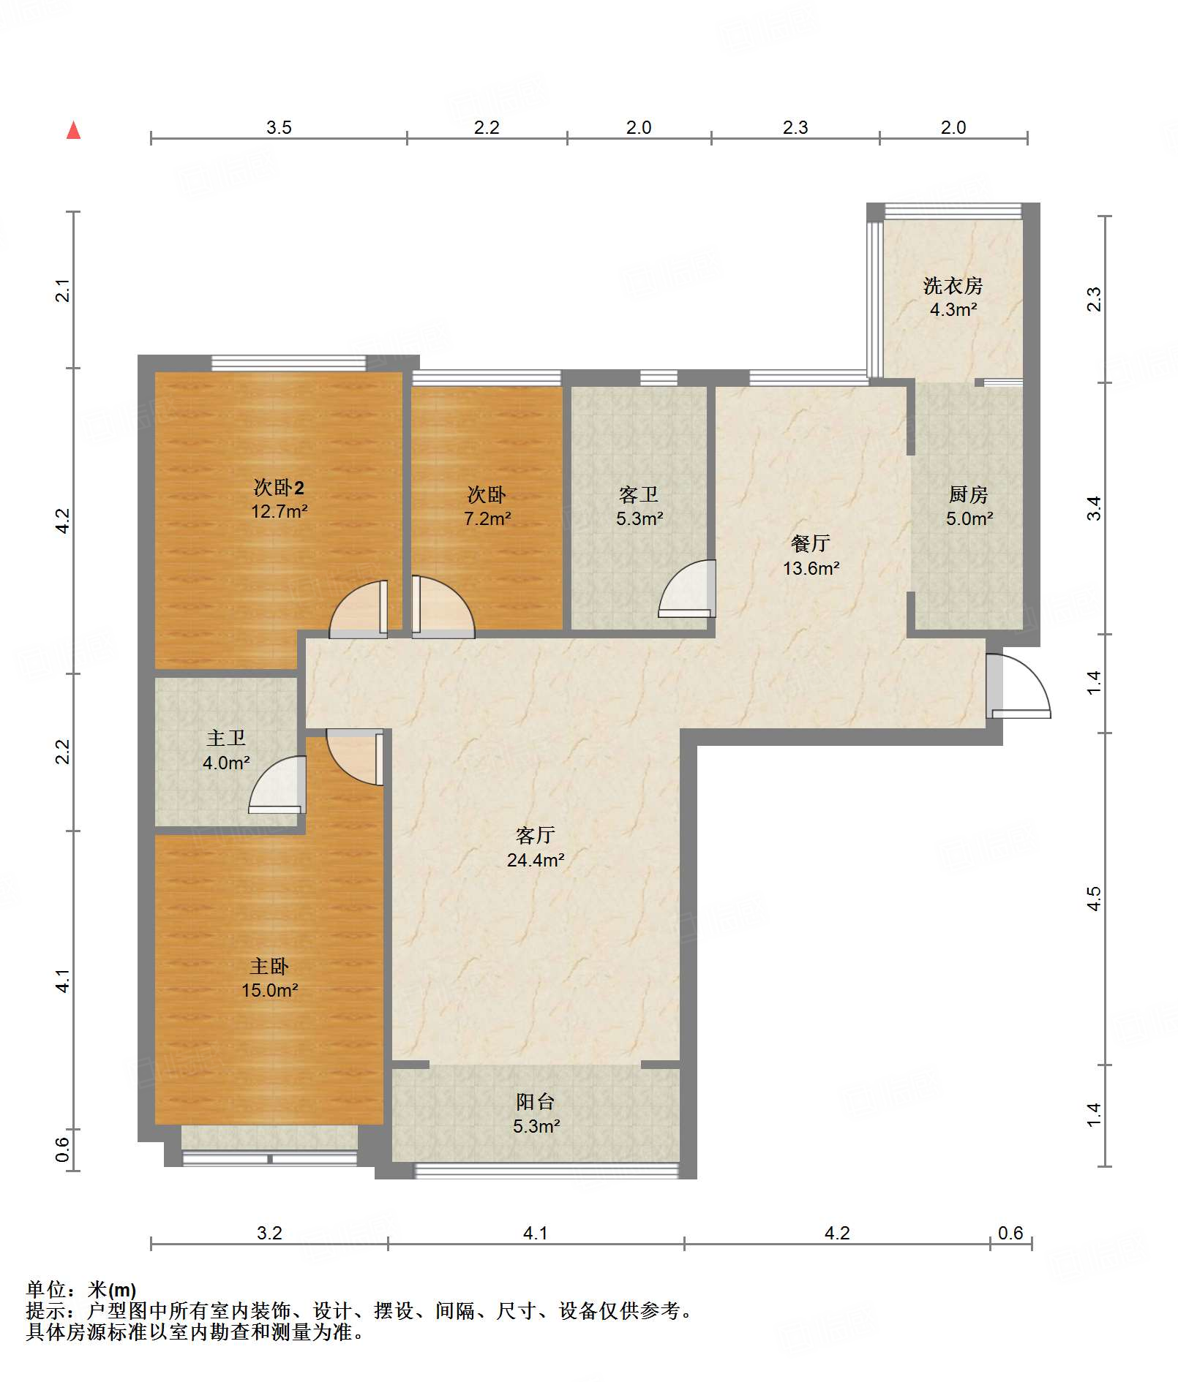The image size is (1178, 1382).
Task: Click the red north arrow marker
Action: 73,130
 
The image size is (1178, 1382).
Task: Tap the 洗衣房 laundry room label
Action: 953,285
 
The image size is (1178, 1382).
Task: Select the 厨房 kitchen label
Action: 968,495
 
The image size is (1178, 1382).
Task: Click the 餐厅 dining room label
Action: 810,543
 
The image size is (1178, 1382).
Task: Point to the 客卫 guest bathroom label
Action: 639,495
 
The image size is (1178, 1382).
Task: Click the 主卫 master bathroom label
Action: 226,739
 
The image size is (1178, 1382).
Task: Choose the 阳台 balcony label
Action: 536,1102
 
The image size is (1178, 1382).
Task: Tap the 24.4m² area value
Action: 536,861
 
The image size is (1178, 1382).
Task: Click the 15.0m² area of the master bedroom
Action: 270,991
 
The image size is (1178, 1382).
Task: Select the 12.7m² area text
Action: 279,512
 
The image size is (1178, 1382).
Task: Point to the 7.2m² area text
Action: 487,519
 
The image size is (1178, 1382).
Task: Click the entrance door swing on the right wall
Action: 1018,686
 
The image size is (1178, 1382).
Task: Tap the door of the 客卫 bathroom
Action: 687,589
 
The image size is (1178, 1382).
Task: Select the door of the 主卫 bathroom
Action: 277,785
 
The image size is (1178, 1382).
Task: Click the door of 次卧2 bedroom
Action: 359,609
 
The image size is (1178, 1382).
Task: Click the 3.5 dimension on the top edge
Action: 279,128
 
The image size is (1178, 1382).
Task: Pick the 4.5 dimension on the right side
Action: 1094,899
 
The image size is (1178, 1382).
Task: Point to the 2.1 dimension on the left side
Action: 64,290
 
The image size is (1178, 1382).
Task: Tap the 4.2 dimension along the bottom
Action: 837,1234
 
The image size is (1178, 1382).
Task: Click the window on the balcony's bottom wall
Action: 547,1171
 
